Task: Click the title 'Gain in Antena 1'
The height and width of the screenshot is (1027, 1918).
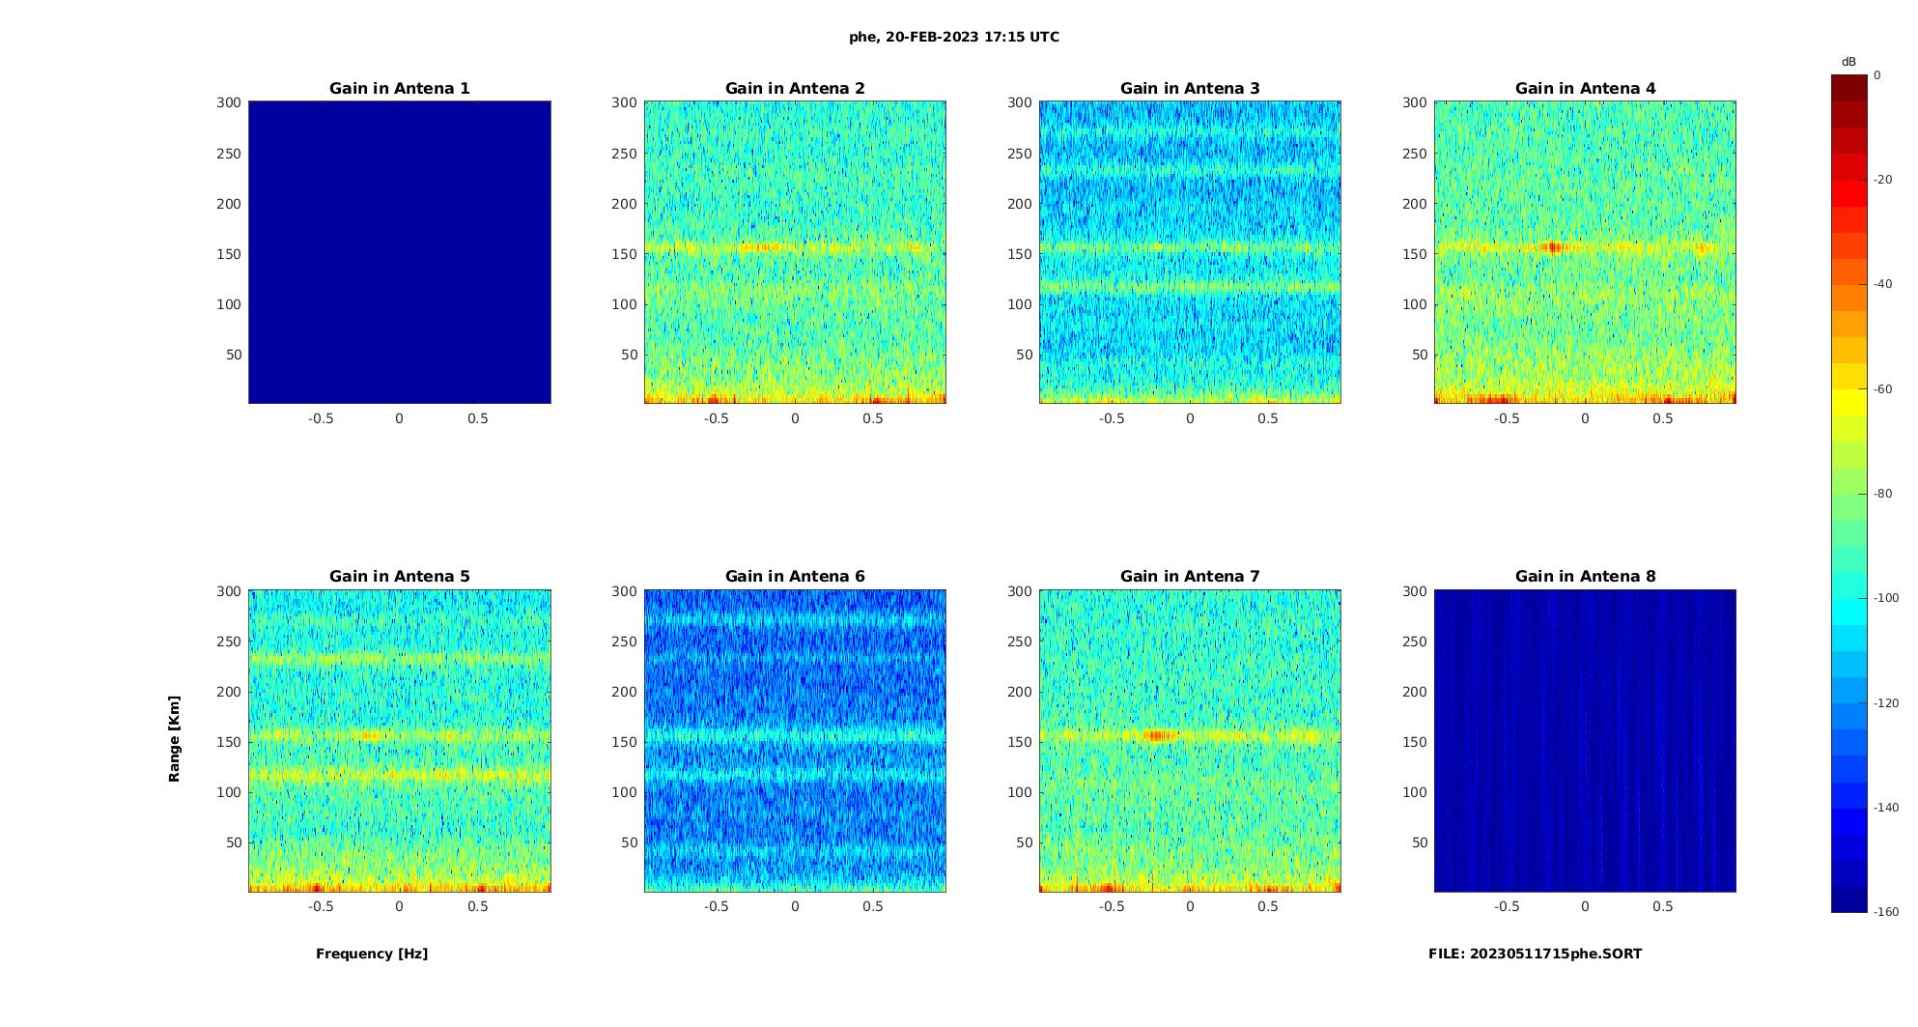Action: point(399,88)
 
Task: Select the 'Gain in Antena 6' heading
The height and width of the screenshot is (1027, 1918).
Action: point(795,576)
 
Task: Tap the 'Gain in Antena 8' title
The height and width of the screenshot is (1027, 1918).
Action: point(1585,576)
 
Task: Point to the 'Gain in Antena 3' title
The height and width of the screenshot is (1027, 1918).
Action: point(1190,88)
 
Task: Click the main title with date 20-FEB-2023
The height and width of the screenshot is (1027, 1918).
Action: point(954,37)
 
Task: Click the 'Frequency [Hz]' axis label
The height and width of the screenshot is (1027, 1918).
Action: point(372,954)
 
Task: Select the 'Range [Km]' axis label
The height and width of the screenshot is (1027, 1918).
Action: point(175,738)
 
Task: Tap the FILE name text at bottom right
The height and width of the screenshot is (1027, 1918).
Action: point(1535,954)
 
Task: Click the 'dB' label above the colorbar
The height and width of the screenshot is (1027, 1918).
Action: point(1848,62)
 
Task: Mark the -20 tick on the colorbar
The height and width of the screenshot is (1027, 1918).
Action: point(1883,180)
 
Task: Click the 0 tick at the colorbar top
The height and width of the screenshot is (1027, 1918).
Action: point(1877,74)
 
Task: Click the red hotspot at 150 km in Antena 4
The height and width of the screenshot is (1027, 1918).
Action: point(1553,247)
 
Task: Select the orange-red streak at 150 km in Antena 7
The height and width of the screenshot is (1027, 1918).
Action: point(1161,735)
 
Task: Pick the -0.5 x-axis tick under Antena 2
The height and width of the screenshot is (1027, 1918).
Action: point(717,418)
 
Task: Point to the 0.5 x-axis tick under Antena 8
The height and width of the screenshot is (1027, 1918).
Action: point(1663,906)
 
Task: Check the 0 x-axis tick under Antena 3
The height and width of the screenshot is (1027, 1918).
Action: point(1190,418)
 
